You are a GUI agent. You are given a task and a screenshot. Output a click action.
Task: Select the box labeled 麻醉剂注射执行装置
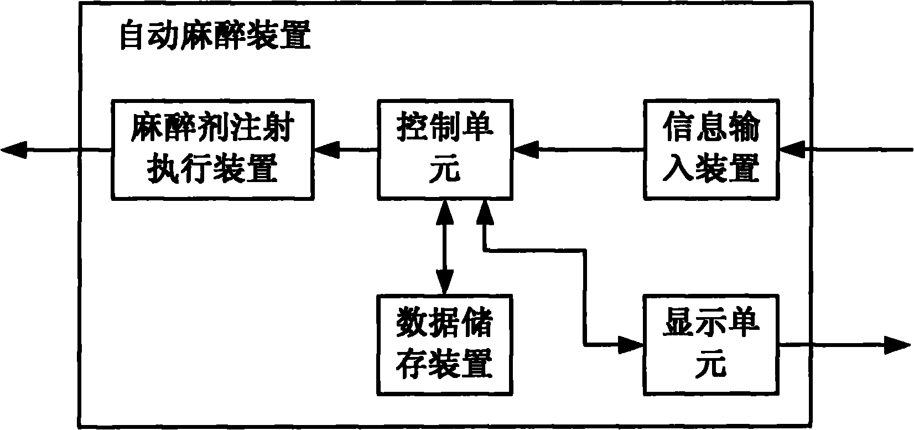212,149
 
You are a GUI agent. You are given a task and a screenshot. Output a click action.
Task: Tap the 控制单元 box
445,149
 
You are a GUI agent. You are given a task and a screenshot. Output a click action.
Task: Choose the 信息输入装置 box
711,149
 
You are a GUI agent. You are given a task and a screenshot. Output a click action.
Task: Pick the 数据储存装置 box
445,344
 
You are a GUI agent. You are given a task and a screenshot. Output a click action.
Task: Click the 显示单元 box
711,344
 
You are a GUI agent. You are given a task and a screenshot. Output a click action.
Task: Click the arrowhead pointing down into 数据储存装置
445,283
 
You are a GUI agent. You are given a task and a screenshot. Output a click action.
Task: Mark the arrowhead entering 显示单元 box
632,344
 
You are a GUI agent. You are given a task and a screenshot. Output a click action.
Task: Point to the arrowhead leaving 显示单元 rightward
897,344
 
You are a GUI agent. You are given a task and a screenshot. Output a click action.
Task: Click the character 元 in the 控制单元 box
445,169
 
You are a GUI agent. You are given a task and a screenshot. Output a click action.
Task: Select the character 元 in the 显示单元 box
711,364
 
